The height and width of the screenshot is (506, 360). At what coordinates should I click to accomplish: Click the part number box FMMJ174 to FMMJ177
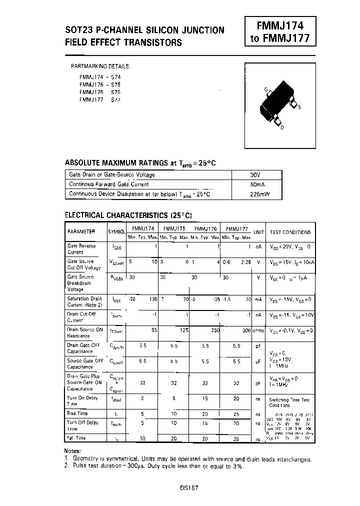point(280,31)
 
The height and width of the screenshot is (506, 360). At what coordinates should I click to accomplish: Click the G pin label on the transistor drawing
point(266,89)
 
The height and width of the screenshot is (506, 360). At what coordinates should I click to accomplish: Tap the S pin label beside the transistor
point(299,107)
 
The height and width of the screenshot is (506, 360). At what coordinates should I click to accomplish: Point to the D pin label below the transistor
point(282,128)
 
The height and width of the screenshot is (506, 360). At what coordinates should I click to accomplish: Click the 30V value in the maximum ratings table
point(255,174)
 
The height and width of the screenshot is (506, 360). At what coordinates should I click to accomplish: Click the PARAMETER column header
point(81,232)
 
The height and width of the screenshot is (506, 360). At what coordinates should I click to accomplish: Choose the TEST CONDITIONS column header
point(290,232)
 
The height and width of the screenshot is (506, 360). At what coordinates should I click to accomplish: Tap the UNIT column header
point(258,232)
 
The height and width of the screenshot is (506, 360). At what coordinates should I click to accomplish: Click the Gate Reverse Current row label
point(81,249)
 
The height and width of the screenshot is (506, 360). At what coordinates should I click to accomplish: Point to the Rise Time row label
point(77,413)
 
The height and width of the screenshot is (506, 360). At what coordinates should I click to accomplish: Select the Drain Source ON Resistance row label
point(85,332)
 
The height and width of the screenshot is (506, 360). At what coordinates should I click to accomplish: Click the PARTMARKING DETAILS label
point(101,66)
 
